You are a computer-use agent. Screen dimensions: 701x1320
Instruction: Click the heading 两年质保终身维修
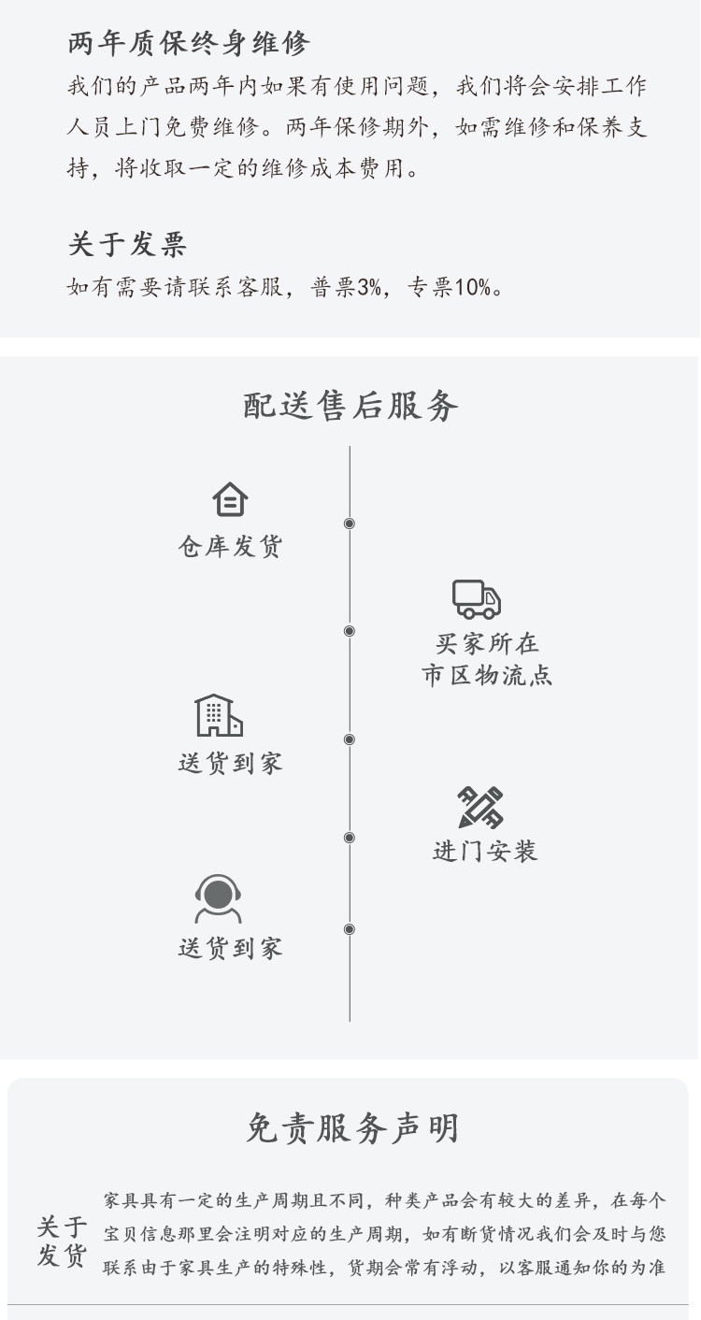188,43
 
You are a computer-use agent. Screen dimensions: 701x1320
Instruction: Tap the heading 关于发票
127,245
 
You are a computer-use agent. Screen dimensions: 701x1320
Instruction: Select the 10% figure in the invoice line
473,288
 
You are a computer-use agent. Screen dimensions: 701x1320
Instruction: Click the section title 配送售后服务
350,406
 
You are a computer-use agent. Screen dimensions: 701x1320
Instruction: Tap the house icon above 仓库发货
230,499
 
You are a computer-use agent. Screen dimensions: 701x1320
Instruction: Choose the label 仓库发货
230,547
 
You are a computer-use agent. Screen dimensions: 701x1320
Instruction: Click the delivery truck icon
477,598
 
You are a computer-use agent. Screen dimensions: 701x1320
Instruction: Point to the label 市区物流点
487,675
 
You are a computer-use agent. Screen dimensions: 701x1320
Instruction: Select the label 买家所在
487,644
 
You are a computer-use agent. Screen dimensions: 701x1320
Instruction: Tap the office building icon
219,715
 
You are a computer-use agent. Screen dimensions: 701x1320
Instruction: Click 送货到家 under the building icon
230,763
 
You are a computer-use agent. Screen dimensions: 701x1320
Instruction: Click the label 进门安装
485,851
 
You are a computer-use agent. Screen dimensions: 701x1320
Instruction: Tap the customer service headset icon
218,899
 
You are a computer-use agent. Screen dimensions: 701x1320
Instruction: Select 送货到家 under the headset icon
230,949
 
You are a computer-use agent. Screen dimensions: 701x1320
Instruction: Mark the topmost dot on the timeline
350,524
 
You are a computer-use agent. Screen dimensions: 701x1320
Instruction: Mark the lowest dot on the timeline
350,929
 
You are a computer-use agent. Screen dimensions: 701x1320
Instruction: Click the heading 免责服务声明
352,1128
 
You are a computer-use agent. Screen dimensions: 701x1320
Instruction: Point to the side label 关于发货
62,1241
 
